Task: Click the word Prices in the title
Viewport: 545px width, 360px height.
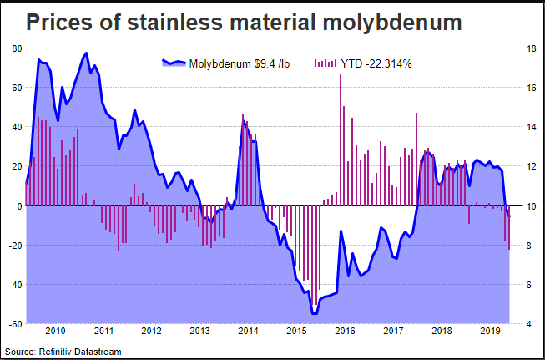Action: tap(61, 23)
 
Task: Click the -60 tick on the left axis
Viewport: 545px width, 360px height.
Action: tap(14, 324)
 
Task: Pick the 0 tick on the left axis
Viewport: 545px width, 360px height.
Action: tap(18, 205)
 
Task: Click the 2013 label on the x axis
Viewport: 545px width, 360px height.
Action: tap(200, 332)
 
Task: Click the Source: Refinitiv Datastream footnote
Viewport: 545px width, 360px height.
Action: tap(63, 352)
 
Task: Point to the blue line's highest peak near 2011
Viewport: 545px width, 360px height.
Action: tap(87, 53)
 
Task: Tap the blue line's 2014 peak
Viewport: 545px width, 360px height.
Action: tap(244, 122)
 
